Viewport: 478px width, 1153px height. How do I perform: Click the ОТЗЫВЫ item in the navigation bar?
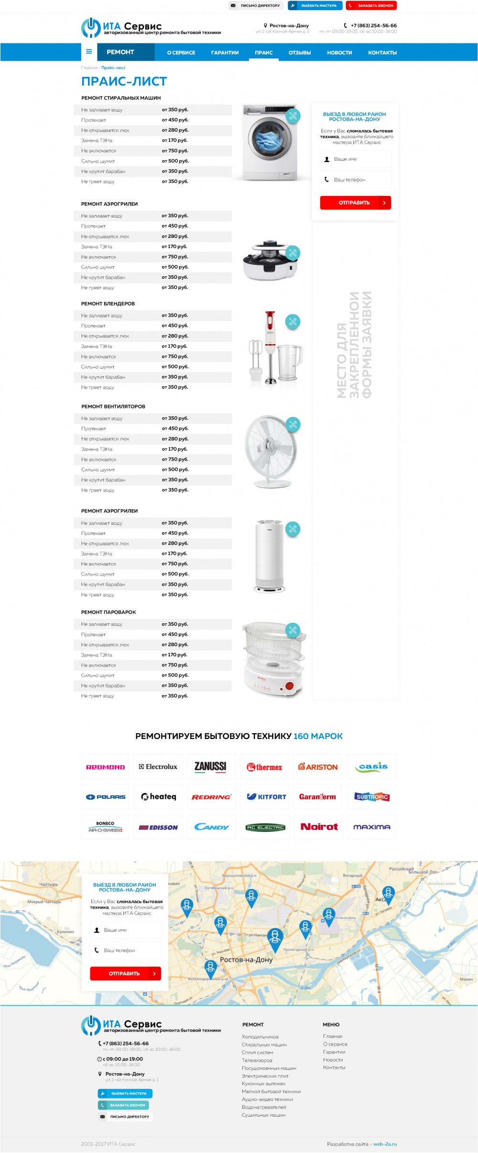click(300, 53)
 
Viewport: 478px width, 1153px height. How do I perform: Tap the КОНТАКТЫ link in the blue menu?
click(382, 53)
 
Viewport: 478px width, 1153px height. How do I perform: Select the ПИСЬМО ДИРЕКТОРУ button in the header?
click(256, 6)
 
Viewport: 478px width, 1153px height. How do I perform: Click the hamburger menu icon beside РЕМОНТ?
click(89, 52)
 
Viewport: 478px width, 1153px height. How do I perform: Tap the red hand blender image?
click(271, 348)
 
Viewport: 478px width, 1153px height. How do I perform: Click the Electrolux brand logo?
click(158, 766)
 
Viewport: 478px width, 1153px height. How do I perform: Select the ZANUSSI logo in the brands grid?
click(210, 766)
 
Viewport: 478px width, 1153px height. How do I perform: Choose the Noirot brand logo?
click(319, 827)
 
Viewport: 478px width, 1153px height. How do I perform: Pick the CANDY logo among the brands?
click(211, 827)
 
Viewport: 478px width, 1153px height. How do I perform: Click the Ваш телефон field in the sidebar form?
click(356, 180)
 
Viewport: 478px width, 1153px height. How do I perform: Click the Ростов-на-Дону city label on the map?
click(246, 959)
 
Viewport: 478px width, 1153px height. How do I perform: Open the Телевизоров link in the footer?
click(257, 1060)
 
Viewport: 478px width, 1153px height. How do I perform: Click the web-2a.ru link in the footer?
click(385, 1144)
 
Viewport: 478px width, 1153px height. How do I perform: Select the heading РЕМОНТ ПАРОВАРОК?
click(109, 612)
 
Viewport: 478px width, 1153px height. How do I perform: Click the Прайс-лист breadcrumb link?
click(113, 68)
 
